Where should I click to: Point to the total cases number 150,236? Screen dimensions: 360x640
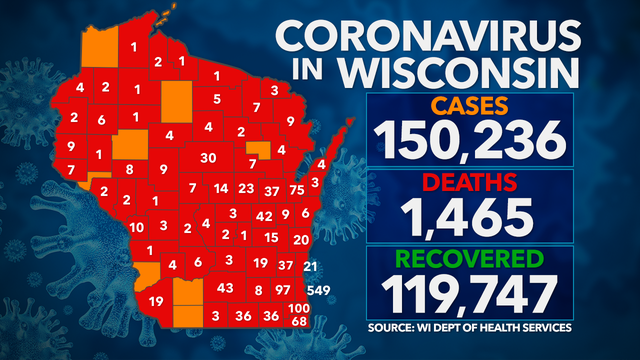pyautogui.click(x=471, y=140)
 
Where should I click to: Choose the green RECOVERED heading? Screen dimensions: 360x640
pyautogui.click(x=470, y=259)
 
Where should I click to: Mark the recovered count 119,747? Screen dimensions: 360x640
pyautogui.click(x=470, y=295)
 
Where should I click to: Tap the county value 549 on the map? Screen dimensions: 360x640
pyautogui.click(x=320, y=289)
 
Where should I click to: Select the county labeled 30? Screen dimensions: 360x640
pyautogui.click(x=208, y=158)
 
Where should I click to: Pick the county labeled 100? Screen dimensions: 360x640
pyautogui.click(x=298, y=308)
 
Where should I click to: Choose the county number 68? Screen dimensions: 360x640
pyautogui.click(x=298, y=321)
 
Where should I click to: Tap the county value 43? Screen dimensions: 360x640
pyautogui.click(x=226, y=288)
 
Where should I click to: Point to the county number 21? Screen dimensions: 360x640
pyautogui.click(x=310, y=265)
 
